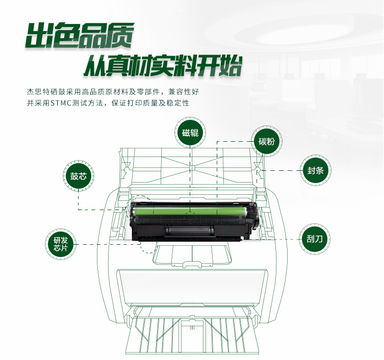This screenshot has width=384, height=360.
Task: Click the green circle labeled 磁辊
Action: (x=190, y=133)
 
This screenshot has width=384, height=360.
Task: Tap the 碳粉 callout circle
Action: (x=266, y=141)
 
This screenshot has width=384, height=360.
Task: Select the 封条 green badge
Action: (x=316, y=170)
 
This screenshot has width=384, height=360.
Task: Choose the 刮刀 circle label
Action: (x=315, y=239)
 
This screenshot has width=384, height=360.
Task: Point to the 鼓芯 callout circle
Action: (x=79, y=176)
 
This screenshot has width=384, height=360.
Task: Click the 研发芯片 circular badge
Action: (x=61, y=244)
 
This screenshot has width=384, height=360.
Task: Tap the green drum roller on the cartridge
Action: (x=190, y=211)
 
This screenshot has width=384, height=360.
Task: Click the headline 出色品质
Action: (x=80, y=35)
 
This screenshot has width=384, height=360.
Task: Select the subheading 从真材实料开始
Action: (x=163, y=66)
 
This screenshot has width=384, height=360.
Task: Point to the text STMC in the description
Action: (x=61, y=103)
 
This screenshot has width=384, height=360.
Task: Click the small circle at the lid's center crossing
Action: (x=192, y=168)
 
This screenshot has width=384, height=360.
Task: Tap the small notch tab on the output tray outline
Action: (x=192, y=264)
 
